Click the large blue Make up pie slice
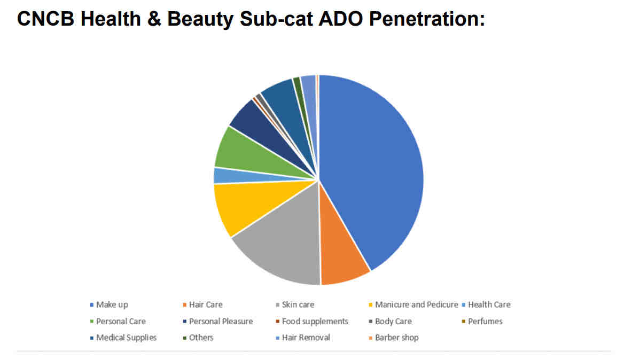374,167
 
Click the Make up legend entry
109,304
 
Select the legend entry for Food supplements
311,322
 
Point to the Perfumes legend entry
482,322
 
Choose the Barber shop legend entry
393,338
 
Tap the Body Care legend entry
390,322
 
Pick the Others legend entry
198,338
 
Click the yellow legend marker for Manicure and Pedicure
371,305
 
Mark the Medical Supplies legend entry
123,338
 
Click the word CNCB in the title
45,19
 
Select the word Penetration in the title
427,19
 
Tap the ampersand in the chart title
154,19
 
